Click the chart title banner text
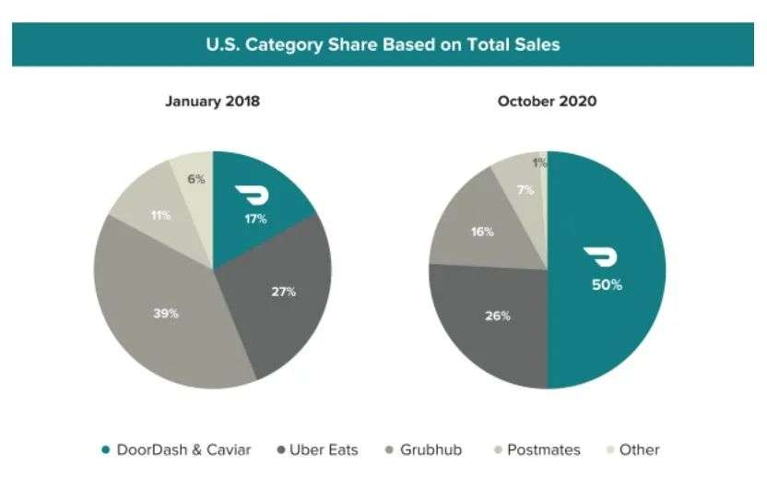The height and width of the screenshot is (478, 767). (x=383, y=43)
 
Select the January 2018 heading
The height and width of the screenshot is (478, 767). (x=212, y=102)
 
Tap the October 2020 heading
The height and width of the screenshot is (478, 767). (x=547, y=102)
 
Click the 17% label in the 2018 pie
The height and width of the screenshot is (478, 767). (x=255, y=219)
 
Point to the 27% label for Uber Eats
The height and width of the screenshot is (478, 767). (x=284, y=292)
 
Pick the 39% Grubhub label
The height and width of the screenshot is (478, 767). (x=166, y=314)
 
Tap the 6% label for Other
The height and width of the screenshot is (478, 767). (x=196, y=180)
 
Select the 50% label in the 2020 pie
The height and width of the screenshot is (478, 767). (x=607, y=284)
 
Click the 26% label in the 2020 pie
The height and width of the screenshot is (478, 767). (x=497, y=316)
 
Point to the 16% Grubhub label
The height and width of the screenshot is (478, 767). (x=482, y=232)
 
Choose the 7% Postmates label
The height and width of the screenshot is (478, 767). (x=525, y=190)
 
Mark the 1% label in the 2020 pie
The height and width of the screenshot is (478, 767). (x=540, y=163)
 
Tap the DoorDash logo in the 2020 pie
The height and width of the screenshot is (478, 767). (x=605, y=257)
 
